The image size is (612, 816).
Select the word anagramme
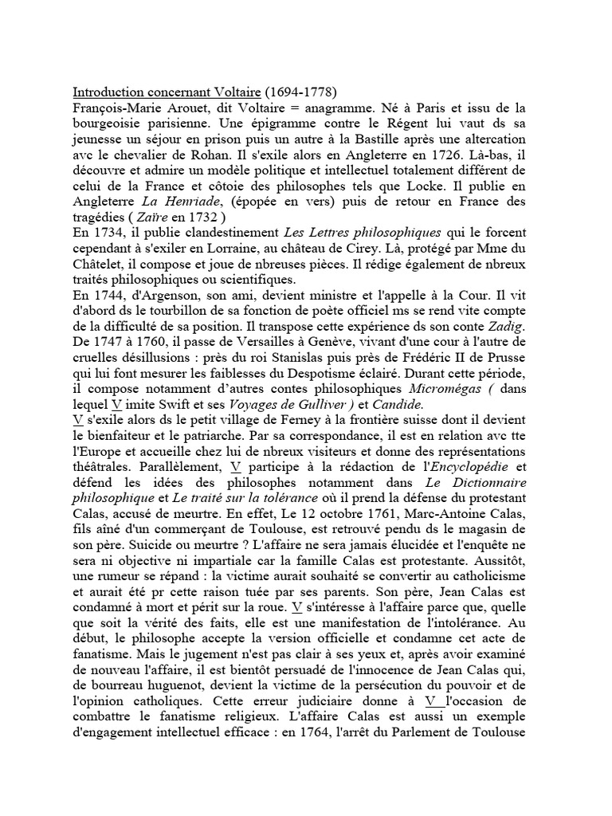click(324, 108)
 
